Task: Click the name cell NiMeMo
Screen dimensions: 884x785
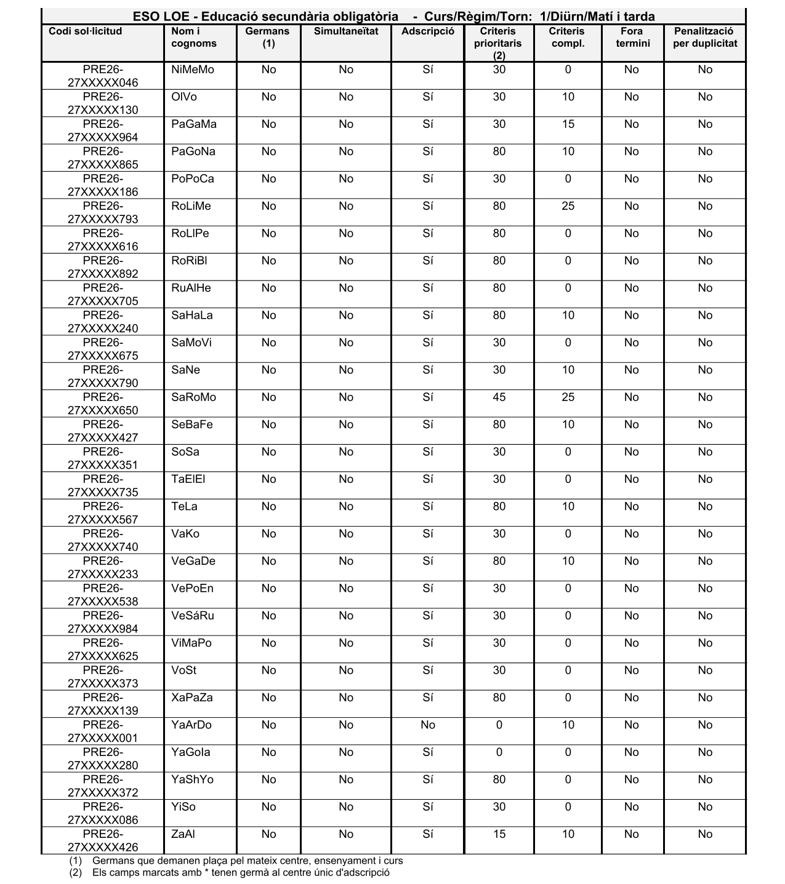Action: click(x=193, y=70)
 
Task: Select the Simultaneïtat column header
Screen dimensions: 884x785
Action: click(x=346, y=31)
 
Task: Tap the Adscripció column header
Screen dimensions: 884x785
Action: click(x=428, y=31)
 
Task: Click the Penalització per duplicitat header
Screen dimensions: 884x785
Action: click(x=705, y=37)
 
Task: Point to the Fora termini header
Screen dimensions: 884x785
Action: click(x=632, y=37)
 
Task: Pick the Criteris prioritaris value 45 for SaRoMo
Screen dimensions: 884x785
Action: click(x=499, y=397)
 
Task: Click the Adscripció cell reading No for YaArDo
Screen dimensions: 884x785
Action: click(x=428, y=725)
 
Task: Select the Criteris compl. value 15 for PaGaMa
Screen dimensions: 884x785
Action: click(x=568, y=124)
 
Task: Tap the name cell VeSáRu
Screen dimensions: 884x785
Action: click(x=193, y=616)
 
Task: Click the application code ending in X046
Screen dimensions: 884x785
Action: click(x=103, y=76)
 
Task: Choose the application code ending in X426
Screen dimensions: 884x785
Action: click(x=103, y=841)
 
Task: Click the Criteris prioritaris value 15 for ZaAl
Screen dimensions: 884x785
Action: click(x=499, y=834)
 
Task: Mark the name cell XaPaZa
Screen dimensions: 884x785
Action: click(x=192, y=698)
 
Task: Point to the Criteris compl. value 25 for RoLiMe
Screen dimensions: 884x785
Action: click(x=568, y=206)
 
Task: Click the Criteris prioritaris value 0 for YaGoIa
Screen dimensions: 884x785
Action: click(x=499, y=752)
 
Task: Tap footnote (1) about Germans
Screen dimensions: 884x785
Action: click(x=247, y=861)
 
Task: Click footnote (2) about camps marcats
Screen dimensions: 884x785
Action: click(x=240, y=872)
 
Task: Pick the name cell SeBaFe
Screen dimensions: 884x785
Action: click(x=192, y=424)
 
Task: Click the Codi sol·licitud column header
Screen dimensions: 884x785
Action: click(x=86, y=31)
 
